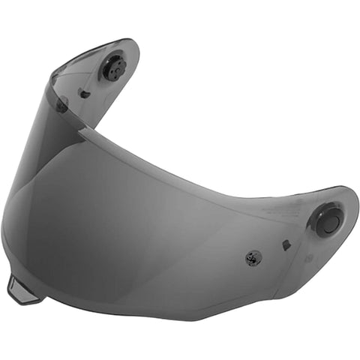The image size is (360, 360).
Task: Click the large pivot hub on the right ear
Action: (x=328, y=222)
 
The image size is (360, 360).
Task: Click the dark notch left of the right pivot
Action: (x=286, y=244)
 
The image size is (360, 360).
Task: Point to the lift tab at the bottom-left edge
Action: (x=20, y=290)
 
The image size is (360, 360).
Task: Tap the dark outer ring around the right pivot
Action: (x=318, y=225)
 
